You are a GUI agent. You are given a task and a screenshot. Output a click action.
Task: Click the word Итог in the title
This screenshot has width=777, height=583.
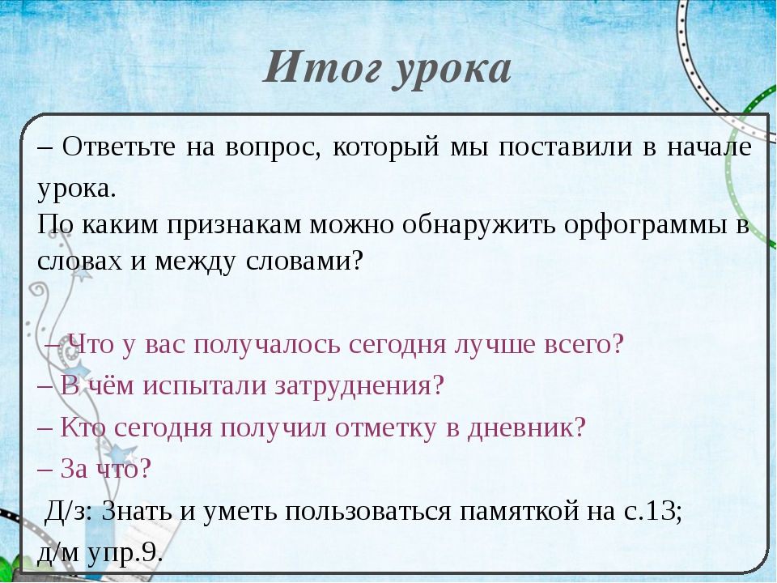tap(322, 67)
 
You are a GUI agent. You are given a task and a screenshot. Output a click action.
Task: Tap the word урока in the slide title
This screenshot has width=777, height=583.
tap(452, 73)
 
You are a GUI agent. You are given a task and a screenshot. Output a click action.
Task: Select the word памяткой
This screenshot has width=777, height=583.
tap(519, 512)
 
